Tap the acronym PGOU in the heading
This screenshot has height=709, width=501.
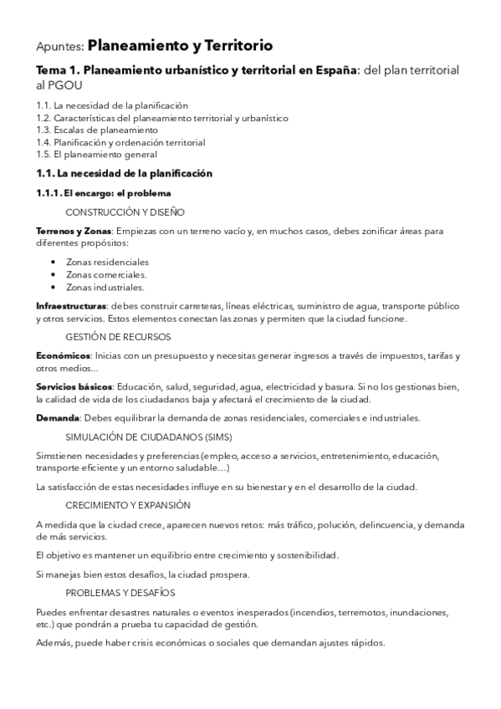tap(68, 86)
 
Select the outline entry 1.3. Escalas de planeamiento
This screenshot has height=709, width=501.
tap(97, 130)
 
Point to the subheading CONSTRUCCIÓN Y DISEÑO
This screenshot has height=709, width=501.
tap(125, 212)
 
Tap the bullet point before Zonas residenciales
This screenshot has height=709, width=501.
tap(54, 262)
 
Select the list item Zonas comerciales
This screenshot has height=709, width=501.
tap(106, 274)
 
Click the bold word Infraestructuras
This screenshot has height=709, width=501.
tap(71, 305)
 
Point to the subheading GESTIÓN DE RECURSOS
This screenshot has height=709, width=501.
tap(117, 337)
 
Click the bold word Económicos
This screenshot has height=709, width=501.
tap(64, 355)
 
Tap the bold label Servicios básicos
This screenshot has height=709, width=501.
tap(74, 386)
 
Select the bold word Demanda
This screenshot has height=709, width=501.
tap(57, 418)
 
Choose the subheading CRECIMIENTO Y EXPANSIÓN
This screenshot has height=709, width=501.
tap(127, 505)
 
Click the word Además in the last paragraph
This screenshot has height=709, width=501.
tap(54, 643)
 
